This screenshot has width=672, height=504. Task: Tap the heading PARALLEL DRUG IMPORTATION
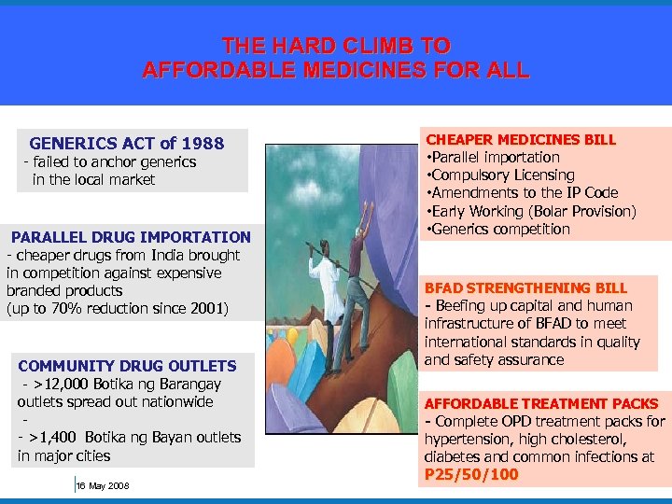[131, 237]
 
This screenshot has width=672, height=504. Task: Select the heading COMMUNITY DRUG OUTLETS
[127, 366]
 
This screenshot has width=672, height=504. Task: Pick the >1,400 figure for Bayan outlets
[54, 437]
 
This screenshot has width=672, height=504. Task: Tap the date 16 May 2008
[103, 485]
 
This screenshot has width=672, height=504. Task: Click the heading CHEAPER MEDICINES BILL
[521, 139]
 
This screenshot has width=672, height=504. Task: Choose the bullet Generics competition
[501, 229]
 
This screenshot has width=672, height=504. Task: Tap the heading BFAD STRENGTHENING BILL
[525, 287]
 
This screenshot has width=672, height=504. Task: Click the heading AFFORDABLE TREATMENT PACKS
[541, 403]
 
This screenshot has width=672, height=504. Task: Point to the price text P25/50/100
[471, 474]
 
